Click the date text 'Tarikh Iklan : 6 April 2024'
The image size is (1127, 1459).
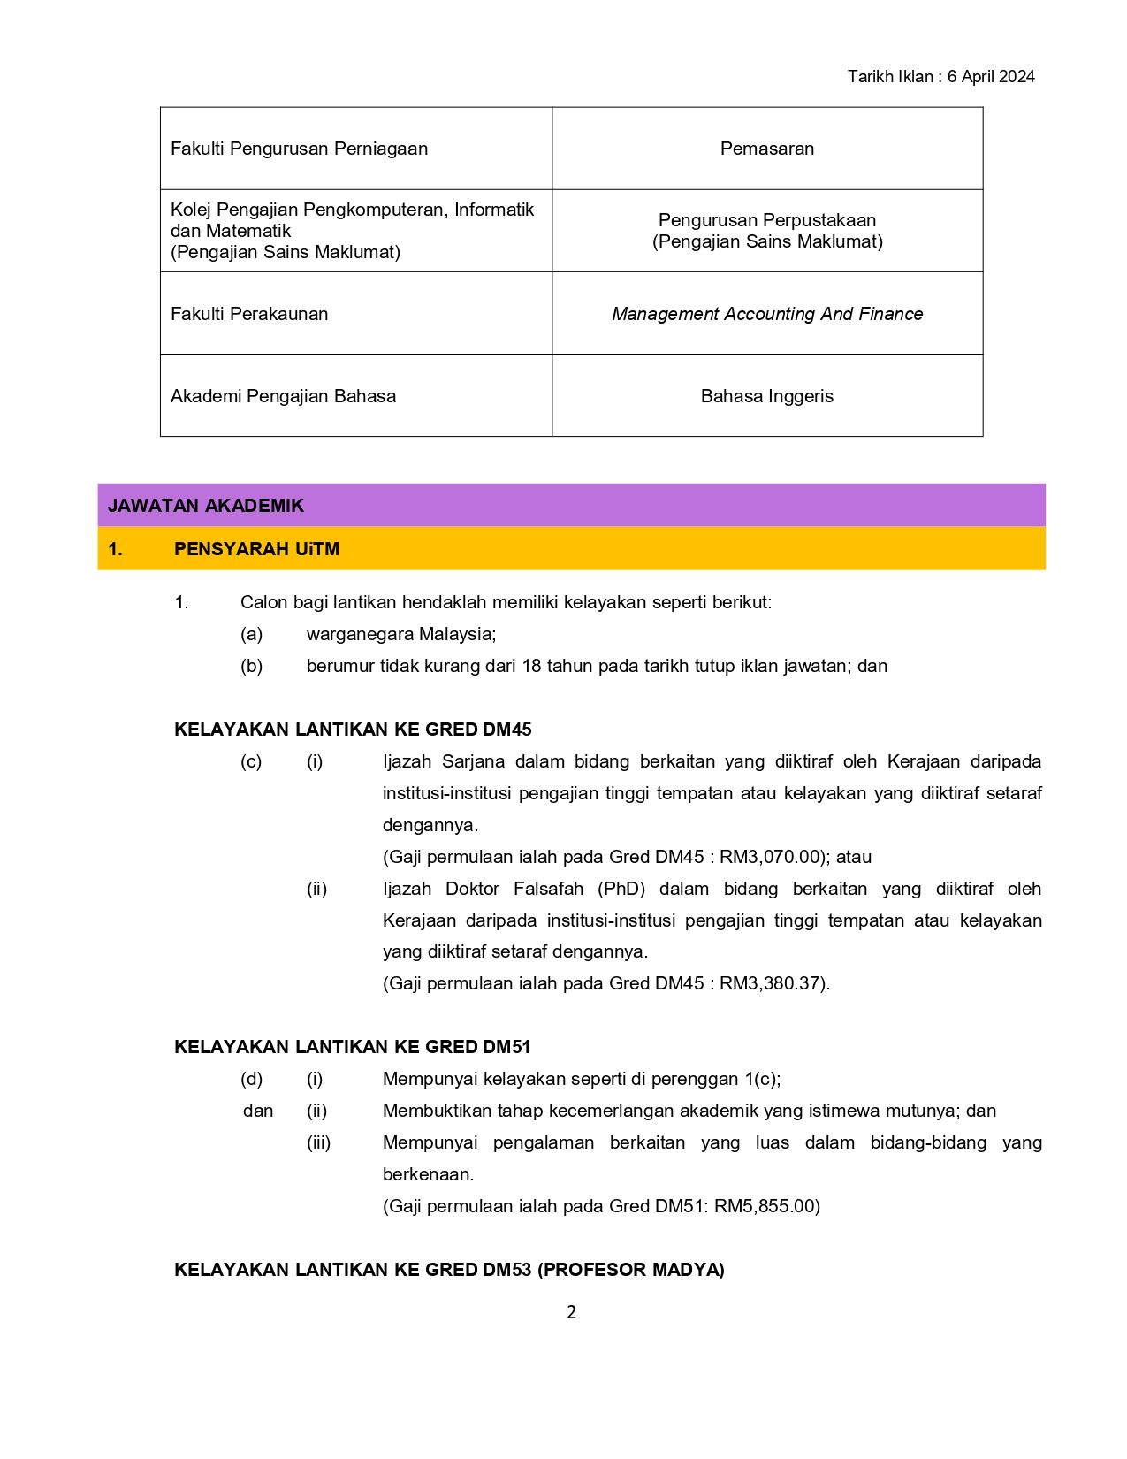[940, 77]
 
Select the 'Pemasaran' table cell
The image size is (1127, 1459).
[766, 149]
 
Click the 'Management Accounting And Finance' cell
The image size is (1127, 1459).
[766, 314]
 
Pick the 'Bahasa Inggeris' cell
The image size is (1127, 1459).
[766, 396]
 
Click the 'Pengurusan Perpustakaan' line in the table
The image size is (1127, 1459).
[766, 220]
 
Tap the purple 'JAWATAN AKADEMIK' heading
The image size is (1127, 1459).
[205, 506]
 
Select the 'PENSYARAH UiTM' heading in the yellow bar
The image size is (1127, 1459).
[256, 549]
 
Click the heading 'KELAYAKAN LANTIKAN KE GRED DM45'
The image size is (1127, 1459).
[353, 729]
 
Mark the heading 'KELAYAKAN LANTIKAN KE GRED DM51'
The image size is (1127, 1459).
[353, 1047]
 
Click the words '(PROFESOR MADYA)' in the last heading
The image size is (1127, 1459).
[631, 1270]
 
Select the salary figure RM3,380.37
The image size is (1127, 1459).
[771, 983]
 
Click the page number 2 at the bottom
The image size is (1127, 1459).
[571, 1312]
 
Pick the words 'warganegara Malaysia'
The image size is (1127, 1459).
[400, 634]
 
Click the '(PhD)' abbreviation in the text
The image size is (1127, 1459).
[621, 889]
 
